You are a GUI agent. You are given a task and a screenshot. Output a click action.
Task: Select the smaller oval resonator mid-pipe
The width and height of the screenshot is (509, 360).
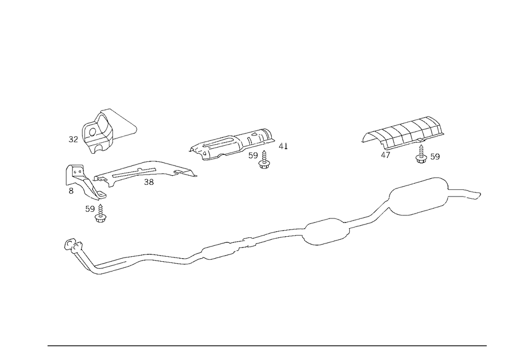(326, 232)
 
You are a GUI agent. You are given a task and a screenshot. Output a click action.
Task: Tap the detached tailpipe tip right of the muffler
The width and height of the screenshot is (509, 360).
(472, 194)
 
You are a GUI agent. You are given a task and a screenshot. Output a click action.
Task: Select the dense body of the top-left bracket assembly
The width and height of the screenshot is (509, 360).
(98, 133)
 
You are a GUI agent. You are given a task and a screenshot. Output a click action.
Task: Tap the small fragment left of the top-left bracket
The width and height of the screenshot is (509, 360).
(71, 139)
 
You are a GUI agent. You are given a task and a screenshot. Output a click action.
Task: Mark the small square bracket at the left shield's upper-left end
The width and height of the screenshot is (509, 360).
(77, 169)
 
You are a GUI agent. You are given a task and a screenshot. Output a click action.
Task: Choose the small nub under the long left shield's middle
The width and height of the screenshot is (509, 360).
(150, 181)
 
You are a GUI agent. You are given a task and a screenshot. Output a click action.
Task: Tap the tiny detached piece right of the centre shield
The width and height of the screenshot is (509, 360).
(285, 148)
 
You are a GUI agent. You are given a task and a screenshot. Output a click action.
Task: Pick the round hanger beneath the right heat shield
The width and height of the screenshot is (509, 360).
(421, 157)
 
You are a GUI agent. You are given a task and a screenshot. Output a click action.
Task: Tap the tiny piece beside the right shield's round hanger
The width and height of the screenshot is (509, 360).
(436, 154)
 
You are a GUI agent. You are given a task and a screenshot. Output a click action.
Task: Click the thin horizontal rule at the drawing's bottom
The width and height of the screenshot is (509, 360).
(267, 345)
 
